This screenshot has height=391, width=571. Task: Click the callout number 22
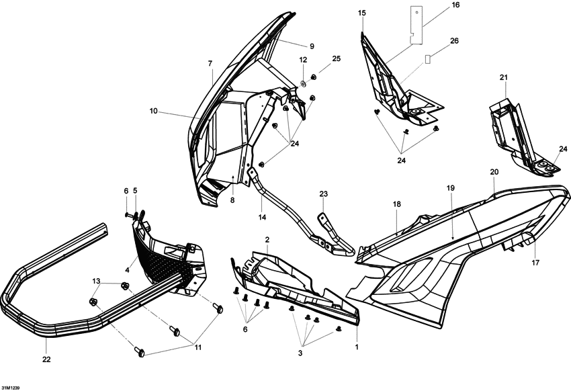point(46,359)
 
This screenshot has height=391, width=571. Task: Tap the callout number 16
point(455,5)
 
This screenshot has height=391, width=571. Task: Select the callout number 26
point(455,41)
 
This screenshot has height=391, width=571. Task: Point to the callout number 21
point(504,77)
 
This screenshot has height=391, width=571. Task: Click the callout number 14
point(262,218)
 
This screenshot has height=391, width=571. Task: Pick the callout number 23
point(324,193)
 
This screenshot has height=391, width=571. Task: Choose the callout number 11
point(197,347)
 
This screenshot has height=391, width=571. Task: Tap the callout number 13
point(96,281)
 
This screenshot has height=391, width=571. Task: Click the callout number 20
point(494,172)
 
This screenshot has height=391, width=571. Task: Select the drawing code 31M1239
point(10,388)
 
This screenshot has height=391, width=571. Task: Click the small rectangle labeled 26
point(428,59)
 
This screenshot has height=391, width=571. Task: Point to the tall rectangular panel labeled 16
point(417,25)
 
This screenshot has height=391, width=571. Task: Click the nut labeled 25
point(313,77)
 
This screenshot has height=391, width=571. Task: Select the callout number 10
point(154,111)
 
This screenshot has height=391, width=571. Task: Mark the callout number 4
point(127,270)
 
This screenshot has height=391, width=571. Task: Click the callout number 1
point(357,347)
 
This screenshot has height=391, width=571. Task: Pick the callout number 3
point(300,353)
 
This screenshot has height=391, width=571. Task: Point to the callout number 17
point(535,263)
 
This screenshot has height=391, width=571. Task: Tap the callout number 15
point(361,13)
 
